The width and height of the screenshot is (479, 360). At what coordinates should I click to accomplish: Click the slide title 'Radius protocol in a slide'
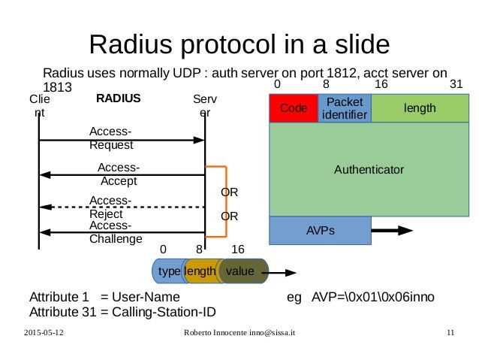point(239,44)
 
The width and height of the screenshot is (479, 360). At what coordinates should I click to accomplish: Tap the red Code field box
point(294,109)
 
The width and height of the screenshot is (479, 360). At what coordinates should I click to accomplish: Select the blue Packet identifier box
point(344,108)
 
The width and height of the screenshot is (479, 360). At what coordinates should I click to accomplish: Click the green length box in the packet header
point(419,108)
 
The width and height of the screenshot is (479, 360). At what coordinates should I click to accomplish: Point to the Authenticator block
point(369,169)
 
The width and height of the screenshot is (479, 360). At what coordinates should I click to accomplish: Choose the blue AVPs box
point(318,231)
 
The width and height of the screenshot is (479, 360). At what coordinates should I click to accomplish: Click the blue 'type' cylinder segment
point(166,271)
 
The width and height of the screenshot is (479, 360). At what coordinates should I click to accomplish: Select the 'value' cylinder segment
point(242,271)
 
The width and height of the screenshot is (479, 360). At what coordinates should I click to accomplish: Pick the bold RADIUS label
point(119,98)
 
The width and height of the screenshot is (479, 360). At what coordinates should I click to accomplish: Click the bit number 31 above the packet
point(456,85)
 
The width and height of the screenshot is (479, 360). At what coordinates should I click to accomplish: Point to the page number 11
point(450,332)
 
